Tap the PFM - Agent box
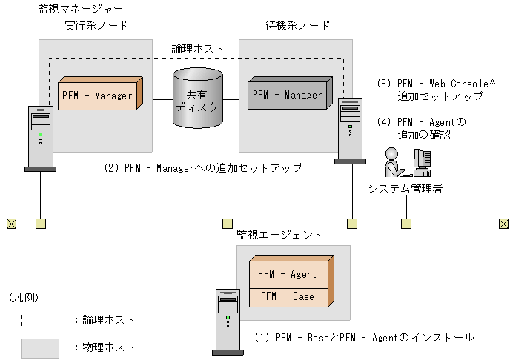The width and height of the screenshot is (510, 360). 286,273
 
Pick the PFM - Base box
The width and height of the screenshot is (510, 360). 286,296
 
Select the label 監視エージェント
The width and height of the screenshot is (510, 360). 279,234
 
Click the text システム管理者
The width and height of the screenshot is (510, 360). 405,189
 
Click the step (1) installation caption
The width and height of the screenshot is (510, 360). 363,338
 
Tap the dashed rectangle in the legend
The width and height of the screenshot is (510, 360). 41,319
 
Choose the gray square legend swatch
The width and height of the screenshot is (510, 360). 41,346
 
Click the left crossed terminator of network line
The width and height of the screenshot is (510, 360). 10,222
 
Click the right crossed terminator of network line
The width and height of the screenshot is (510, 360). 503,222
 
